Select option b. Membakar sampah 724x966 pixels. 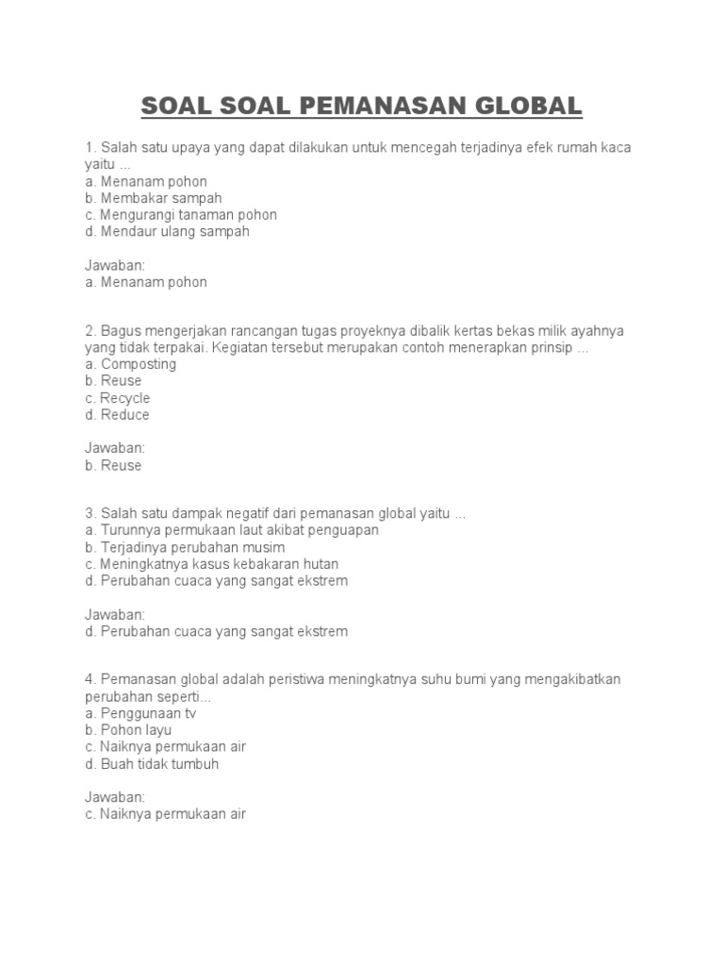pyautogui.click(x=153, y=198)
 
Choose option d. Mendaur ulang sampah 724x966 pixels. pyautogui.click(x=167, y=231)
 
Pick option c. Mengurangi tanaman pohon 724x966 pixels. pyautogui.click(x=180, y=215)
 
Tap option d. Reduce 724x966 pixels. pyautogui.click(x=117, y=415)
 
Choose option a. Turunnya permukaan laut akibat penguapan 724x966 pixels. pyautogui.click(x=231, y=530)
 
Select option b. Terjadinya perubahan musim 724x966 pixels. pyautogui.click(x=184, y=547)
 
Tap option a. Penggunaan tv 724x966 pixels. pyautogui.click(x=140, y=713)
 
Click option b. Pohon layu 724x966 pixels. pyautogui.click(x=128, y=730)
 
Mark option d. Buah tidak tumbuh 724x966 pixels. pyautogui.click(x=151, y=764)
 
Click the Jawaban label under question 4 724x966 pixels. pyautogui.click(x=113, y=797)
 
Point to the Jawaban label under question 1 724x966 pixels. pyautogui.click(x=113, y=265)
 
